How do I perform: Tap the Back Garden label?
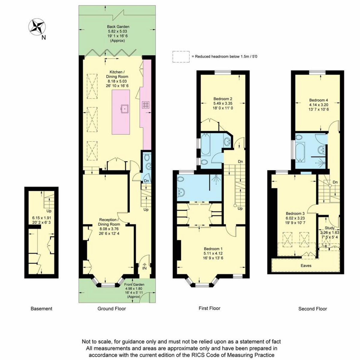point(118,27)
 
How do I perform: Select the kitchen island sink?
point(124,109)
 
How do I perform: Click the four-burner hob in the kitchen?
point(145,105)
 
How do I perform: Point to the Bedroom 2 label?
point(223,99)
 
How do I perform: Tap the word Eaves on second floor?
point(306,265)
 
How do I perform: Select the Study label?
point(329,228)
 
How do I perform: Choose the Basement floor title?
point(41,309)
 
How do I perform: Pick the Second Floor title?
point(313,309)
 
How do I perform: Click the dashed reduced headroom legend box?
point(181,57)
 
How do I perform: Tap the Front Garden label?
point(134,284)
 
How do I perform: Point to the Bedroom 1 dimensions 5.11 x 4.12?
point(213,253)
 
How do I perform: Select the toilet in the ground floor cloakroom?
point(147,157)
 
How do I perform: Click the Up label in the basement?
point(49,211)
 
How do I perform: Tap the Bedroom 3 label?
point(295,213)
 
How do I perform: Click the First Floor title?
point(209,308)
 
